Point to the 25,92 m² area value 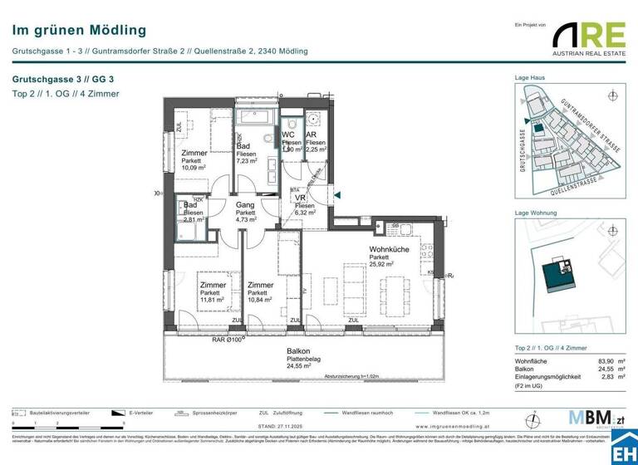point(382,265)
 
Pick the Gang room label point(245,204)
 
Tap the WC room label point(288,135)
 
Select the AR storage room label point(312,135)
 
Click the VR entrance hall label point(301,198)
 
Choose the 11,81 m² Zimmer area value point(213,301)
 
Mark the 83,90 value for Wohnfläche point(594,361)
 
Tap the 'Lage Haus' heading point(530,77)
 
